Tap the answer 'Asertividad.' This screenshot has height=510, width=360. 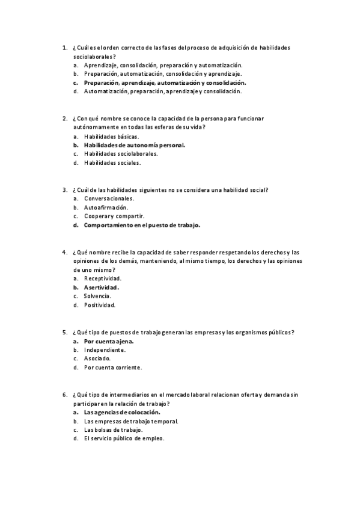(x=101, y=287)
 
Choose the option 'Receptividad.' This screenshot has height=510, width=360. (x=102, y=278)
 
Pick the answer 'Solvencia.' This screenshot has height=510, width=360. (x=97, y=296)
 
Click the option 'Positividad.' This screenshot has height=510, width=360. (x=100, y=305)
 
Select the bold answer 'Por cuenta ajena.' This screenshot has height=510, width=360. (x=108, y=341)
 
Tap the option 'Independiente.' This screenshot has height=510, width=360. (x=105, y=349)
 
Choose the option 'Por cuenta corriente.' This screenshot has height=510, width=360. (x=113, y=367)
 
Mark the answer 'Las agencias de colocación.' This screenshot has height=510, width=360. (x=122, y=413)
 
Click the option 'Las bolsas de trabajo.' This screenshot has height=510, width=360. (x=113, y=430)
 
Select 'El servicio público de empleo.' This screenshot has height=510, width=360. (x=124, y=438)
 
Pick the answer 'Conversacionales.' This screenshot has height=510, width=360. (x=109, y=198)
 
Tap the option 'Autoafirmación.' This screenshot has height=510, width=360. (x=106, y=207)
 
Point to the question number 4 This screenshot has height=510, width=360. (x=64, y=252)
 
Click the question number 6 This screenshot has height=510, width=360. (x=64, y=395)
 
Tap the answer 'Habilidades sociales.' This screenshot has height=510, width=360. (x=112, y=162)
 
